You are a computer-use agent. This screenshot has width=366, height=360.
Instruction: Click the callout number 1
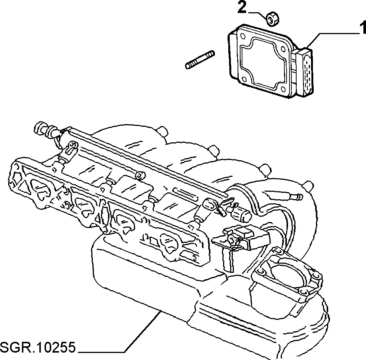click(363, 27)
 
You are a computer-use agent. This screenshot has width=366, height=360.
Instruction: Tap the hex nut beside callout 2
click(272, 20)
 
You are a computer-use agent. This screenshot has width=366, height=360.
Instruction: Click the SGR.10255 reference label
click(38, 348)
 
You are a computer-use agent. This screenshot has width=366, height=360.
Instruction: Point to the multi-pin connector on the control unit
click(305, 72)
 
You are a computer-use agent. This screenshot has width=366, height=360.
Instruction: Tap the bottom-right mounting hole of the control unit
click(284, 89)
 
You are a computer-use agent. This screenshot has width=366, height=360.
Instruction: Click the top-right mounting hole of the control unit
click(284, 49)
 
